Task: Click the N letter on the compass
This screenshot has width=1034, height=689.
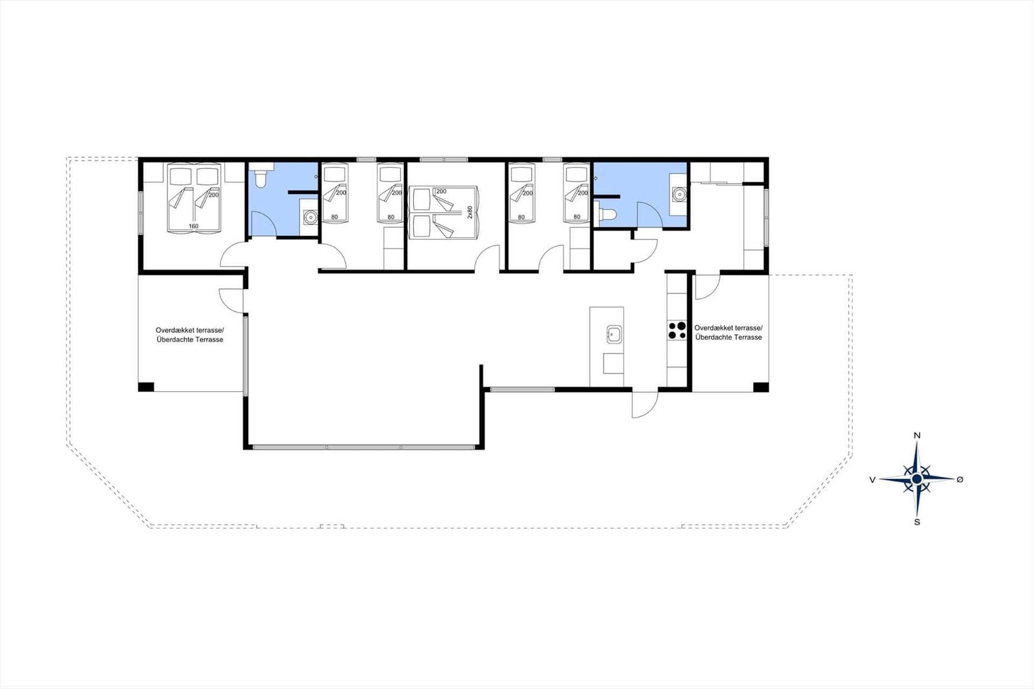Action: point(917,435)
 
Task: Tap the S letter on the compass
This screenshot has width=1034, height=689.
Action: point(917,522)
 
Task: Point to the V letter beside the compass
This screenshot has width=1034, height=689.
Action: point(872,480)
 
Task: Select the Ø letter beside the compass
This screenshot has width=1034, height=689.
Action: point(960,480)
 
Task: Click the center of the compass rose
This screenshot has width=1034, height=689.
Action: point(917,480)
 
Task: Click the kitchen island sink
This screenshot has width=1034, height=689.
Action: point(614,334)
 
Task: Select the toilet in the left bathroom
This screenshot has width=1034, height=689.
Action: point(261,176)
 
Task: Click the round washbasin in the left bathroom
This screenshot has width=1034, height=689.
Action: point(311,216)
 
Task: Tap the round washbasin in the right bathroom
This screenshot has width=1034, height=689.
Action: point(679,195)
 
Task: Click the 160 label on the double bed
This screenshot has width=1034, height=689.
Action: point(193,226)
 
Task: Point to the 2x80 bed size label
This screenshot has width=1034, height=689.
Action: point(470,212)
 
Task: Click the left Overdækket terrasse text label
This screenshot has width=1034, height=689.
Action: point(190,330)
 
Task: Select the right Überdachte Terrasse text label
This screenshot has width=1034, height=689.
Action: point(728,337)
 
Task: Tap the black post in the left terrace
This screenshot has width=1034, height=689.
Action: point(146,387)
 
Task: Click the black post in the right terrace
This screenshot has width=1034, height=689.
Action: point(761,387)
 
